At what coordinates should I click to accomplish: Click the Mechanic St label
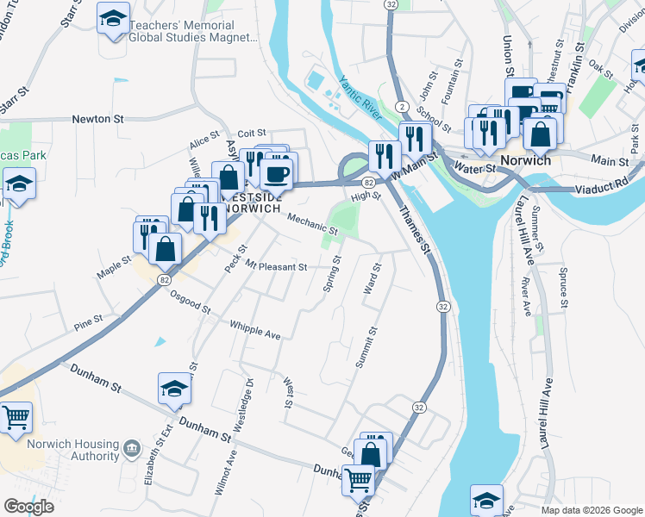click(311, 225)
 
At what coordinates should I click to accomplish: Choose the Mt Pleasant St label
click(276, 266)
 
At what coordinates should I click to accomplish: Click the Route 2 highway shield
click(401, 105)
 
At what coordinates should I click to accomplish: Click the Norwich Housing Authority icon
click(131, 447)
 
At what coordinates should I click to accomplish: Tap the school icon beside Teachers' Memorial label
click(112, 19)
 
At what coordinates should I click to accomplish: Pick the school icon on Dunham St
click(173, 389)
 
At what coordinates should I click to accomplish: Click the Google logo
click(28, 507)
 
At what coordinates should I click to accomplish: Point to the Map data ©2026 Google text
click(592, 510)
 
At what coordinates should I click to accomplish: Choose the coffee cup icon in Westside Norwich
click(276, 173)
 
